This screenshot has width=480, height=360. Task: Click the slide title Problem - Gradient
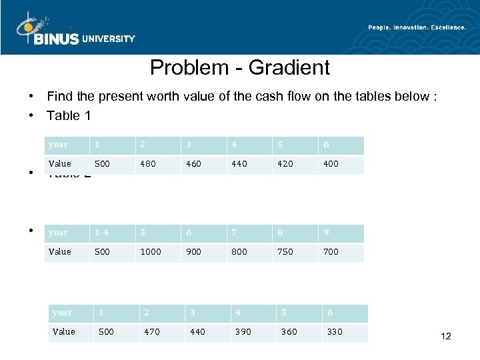(x=239, y=67)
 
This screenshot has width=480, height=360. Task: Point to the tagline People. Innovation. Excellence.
(x=417, y=27)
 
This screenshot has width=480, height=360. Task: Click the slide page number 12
(x=446, y=336)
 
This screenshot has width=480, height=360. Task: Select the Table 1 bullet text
(x=69, y=115)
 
